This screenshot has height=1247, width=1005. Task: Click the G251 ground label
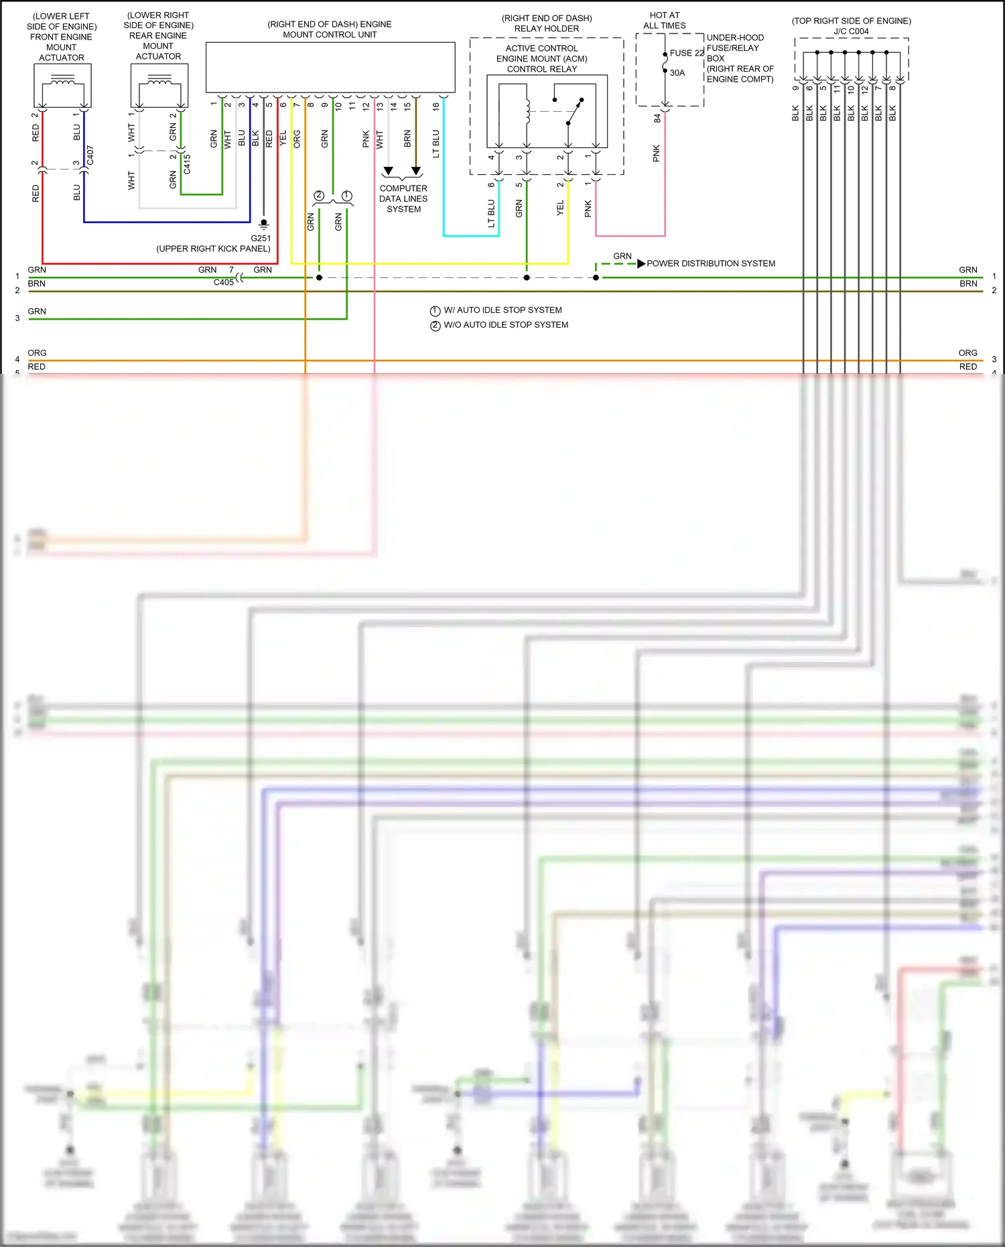point(261,238)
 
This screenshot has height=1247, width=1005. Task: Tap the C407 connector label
point(90,155)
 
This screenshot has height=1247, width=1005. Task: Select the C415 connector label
point(187,164)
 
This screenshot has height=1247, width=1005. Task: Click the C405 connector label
point(223,282)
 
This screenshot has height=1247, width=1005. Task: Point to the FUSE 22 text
point(687,53)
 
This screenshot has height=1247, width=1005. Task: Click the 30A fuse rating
point(677,73)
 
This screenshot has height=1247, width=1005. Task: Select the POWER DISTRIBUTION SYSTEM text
point(710,263)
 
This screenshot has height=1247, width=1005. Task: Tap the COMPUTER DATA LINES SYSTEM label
point(403,199)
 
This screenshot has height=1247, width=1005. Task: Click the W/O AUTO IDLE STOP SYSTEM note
point(506,325)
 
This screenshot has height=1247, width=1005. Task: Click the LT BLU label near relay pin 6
point(491,213)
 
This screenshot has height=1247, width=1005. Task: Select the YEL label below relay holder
point(560,208)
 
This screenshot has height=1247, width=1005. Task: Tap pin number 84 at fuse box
point(657,118)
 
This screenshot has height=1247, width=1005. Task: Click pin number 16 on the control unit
point(435,106)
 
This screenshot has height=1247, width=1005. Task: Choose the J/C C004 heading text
point(851,31)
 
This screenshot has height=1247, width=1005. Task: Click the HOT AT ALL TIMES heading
point(664,20)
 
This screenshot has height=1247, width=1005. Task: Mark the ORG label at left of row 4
point(37,352)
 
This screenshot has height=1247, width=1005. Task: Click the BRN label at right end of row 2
point(967,283)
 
